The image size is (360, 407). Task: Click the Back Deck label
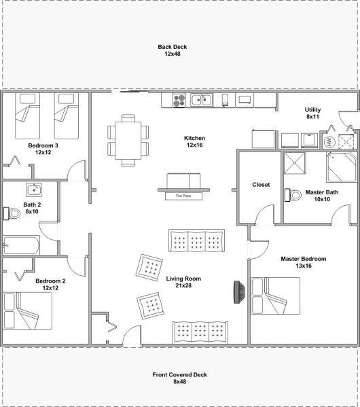click(173, 50)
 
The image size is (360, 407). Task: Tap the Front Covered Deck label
click(179, 378)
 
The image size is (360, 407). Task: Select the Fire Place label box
click(183, 196)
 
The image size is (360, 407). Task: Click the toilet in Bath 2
click(12, 213)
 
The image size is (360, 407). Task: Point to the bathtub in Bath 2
click(21, 245)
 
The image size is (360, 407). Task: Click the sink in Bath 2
click(34, 190)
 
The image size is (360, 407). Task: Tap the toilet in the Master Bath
click(293, 195)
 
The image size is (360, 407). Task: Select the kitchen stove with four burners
click(179, 101)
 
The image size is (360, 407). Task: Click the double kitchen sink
click(202, 100)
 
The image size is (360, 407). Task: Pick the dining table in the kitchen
click(128, 141)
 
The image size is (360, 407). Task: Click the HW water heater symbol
click(329, 142)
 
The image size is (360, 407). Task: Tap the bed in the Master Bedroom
click(275, 296)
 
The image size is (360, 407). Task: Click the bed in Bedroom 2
click(27, 311)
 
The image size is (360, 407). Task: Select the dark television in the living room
click(239, 292)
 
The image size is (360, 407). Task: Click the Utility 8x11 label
click(312, 113)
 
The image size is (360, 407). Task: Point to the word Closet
click(261, 185)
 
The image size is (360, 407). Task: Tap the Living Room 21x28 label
click(183, 282)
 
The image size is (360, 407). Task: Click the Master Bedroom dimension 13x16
click(304, 266)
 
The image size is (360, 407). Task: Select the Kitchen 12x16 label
click(194, 141)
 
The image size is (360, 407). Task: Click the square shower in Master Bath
click(295, 163)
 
